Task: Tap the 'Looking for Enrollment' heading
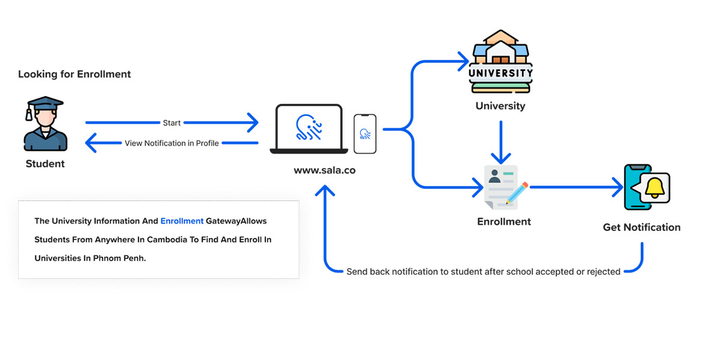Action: click(74, 74)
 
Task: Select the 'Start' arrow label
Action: click(172, 123)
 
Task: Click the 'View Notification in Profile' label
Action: click(172, 143)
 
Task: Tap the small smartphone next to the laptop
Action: click(365, 133)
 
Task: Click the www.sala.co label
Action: click(325, 170)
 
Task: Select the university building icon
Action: click(500, 61)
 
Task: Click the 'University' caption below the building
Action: click(500, 106)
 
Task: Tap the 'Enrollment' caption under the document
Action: click(504, 221)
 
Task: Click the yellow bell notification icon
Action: click(655, 187)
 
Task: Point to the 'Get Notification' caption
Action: click(642, 227)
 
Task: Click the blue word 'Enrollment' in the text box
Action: click(182, 221)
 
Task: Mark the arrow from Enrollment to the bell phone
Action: click(576, 187)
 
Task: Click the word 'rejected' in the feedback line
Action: click(603, 272)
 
